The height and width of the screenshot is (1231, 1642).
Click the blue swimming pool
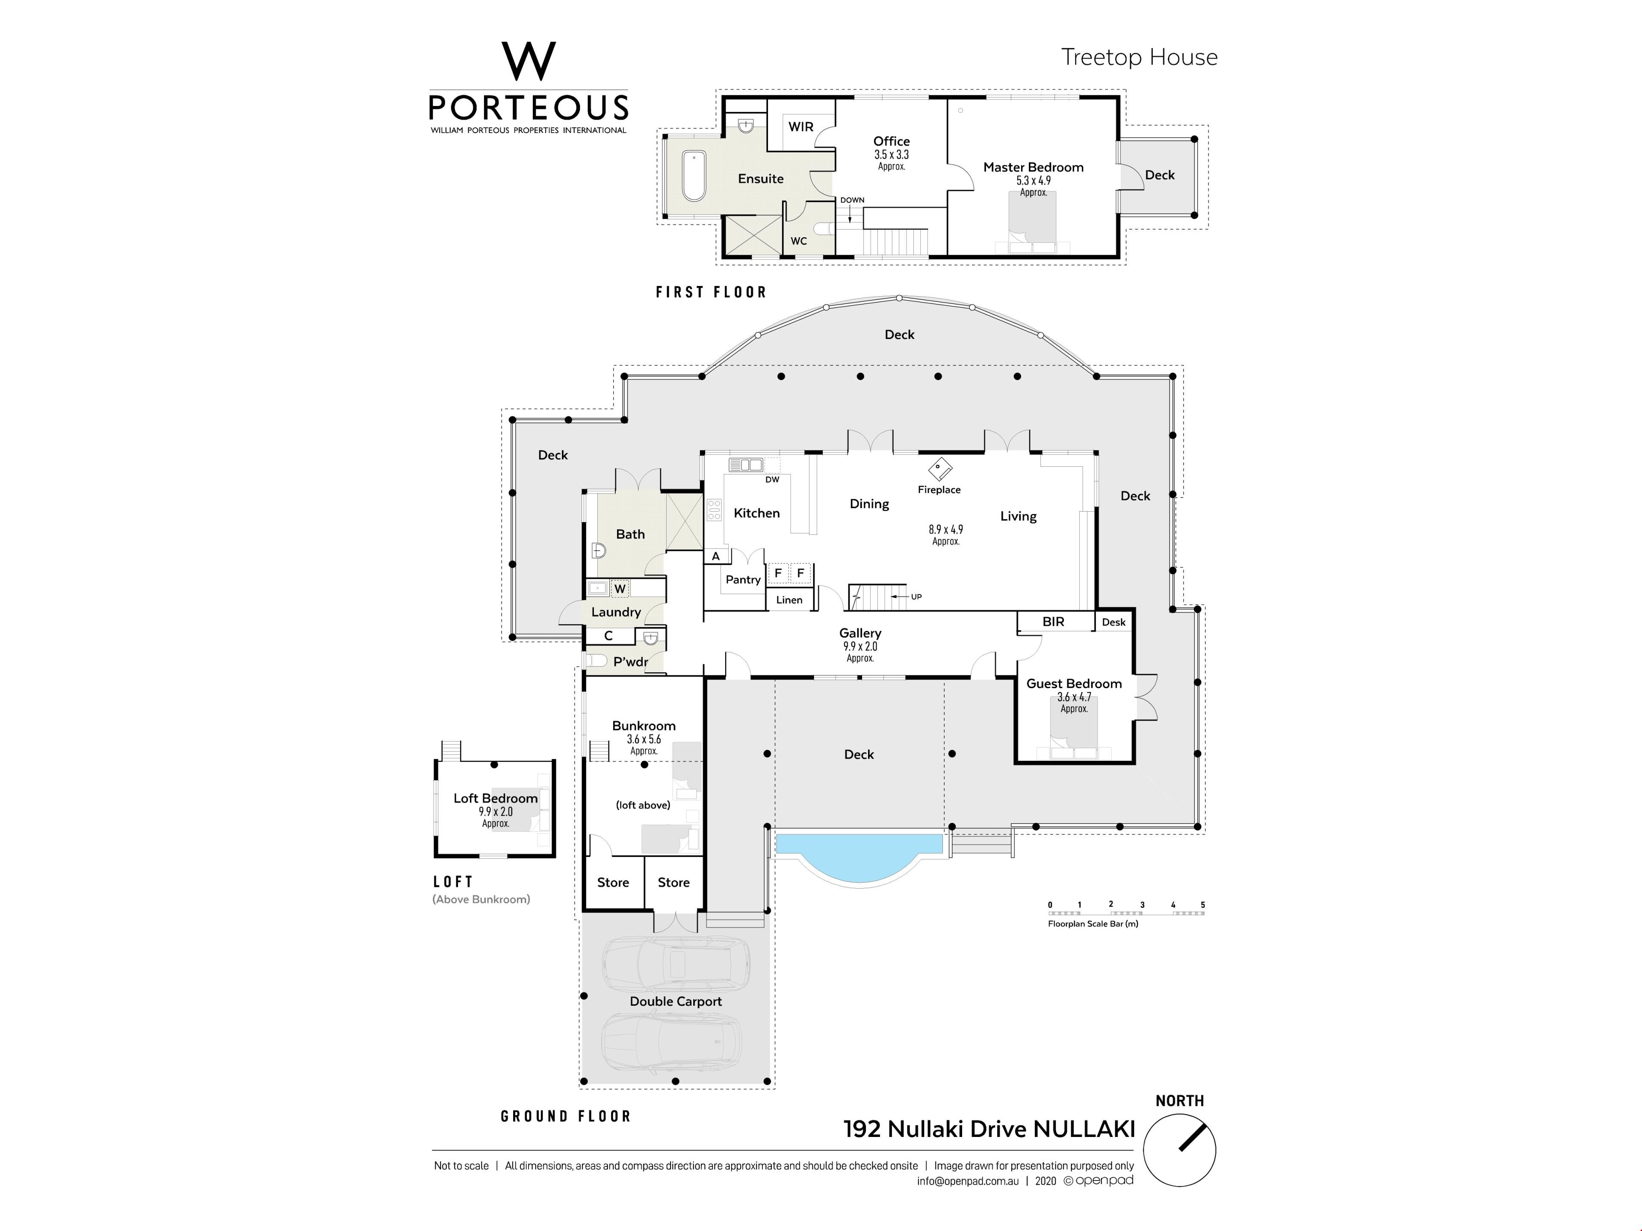pos(859,857)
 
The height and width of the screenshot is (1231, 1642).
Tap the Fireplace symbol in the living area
pos(940,469)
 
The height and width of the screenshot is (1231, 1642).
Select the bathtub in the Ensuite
pos(694,176)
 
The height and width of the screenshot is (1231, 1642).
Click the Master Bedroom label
pos(1033,168)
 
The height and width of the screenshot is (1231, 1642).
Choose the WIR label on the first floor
pos(801,127)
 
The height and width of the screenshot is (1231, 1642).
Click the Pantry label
pos(743,580)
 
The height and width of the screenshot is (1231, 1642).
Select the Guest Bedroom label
pos(1074,683)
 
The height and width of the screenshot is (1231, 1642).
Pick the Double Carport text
pos(676,1001)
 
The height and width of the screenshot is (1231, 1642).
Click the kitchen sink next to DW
pos(746,465)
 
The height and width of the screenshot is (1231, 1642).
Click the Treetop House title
pos(1140,57)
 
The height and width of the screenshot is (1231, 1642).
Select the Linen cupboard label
pos(789,600)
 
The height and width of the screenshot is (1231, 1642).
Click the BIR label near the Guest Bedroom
pos(1053,622)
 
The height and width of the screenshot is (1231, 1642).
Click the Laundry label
pos(616,612)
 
